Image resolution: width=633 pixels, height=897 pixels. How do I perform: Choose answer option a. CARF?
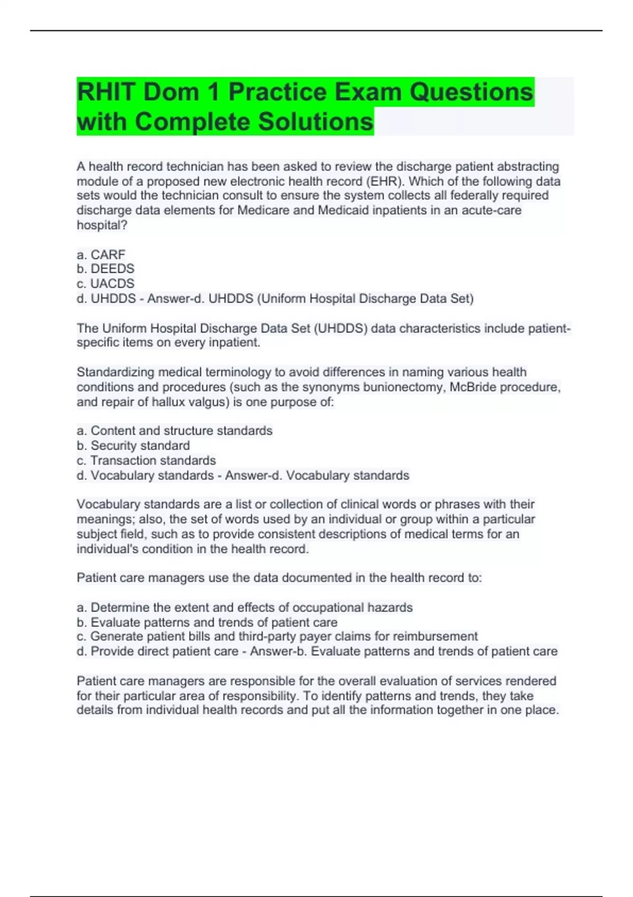click(x=101, y=254)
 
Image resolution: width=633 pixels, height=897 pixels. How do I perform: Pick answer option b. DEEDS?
click(x=105, y=269)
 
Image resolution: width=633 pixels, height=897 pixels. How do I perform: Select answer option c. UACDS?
click(x=105, y=283)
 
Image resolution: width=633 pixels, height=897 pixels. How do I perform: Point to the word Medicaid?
click(x=346, y=211)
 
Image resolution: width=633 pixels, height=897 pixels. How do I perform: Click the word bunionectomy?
click(x=401, y=387)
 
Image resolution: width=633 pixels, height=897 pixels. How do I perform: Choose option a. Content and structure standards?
click(x=175, y=431)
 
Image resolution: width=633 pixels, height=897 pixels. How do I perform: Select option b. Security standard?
click(x=133, y=445)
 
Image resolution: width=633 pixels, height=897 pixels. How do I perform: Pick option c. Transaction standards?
click(x=146, y=460)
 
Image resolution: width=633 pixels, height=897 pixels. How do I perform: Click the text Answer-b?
click(x=279, y=651)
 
